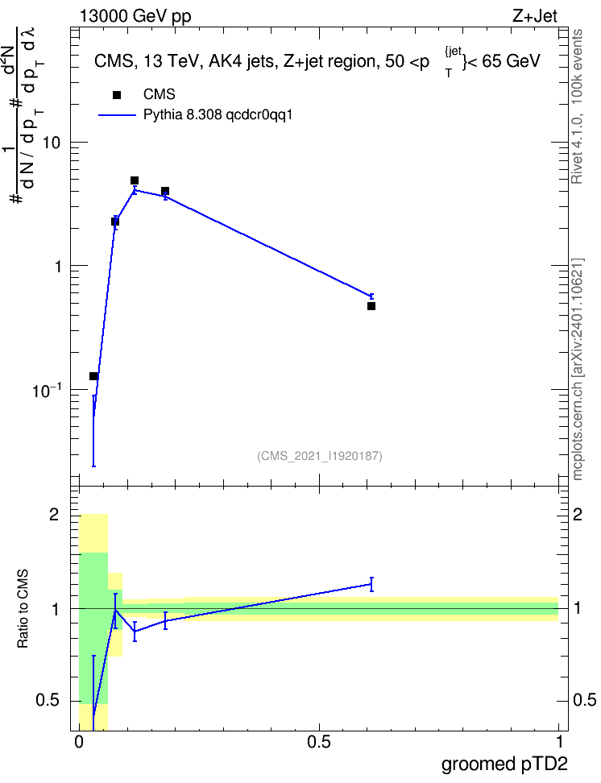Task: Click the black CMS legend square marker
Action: [x=117, y=95]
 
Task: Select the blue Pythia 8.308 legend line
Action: [x=117, y=115]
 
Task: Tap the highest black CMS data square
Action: [x=135, y=180]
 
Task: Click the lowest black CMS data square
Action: [x=93, y=376]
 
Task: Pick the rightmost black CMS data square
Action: [x=371, y=306]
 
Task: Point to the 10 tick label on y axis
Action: [x=51, y=143]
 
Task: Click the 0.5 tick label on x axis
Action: [x=319, y=742]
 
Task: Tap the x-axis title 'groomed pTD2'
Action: [x=504, y=764]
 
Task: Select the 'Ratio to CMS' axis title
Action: [x=23, y=609]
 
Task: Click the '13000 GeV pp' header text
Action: [x=135, y=16]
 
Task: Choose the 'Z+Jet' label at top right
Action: [x=535, y=16]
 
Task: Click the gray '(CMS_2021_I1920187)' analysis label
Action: [x=320, y=456]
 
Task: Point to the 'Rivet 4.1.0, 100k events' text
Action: [x=577, y=106]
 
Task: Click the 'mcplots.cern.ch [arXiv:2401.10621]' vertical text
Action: [x=578, y=370]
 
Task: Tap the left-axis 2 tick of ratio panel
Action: [x=55, y=514]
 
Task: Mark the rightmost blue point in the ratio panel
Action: [x=371, y=584]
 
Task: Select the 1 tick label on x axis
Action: [x=559, y=742]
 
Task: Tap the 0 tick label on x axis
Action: [x=78, y=742]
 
